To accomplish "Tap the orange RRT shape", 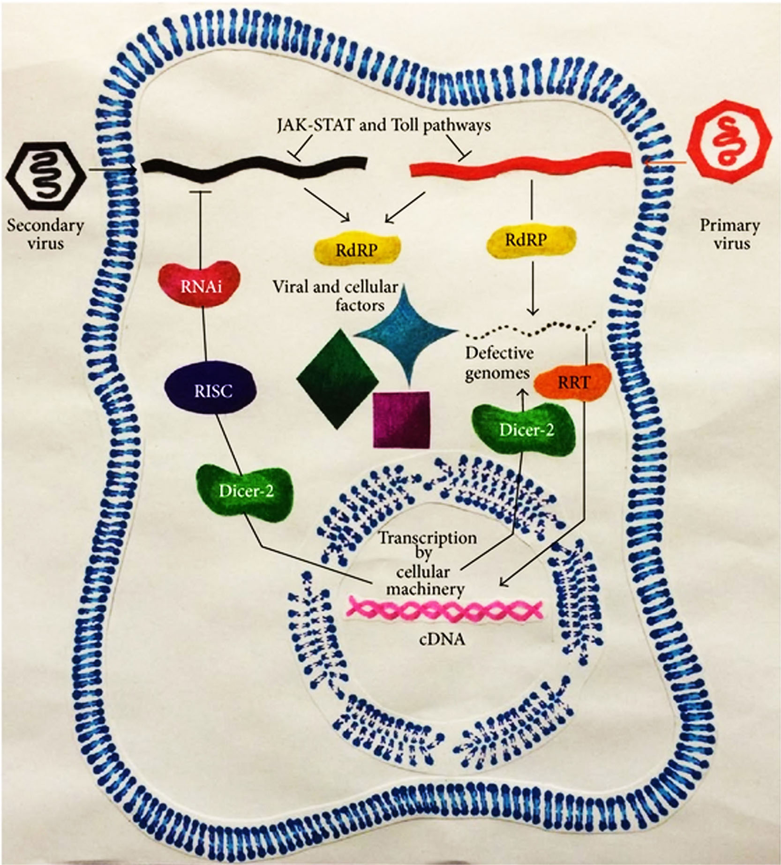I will [572, 382].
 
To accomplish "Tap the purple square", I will [401, 420].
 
